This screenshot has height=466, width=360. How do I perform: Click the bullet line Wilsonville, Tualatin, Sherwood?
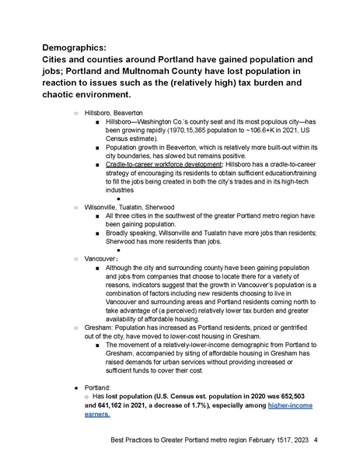click(x=129, y=207)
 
